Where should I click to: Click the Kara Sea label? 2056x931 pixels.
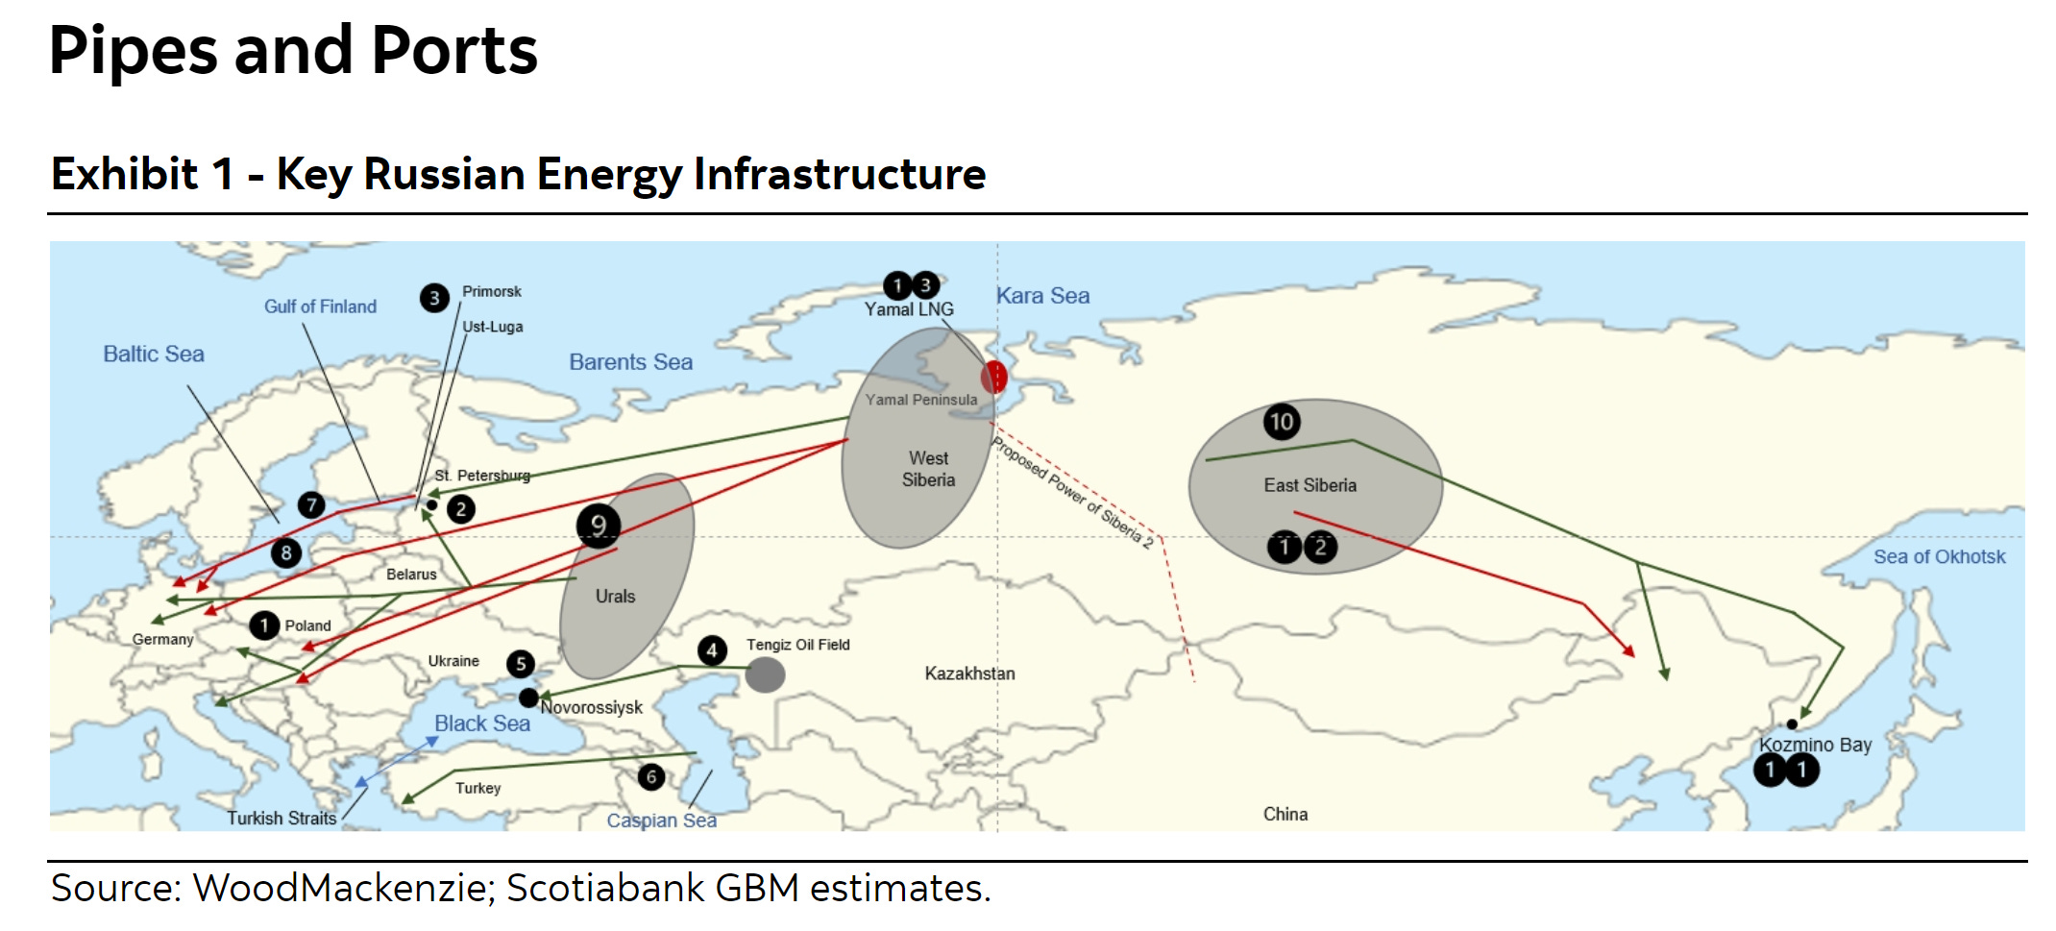[1042, 296]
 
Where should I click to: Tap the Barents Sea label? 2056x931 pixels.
[630, 362]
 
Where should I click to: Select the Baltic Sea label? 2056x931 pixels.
[154, 354]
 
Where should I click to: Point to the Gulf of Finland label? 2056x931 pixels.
[320, 306]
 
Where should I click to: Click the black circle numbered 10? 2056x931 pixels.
[1282, 422]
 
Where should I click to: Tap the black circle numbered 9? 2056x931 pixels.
[598, 526]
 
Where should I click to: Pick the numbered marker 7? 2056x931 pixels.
[311, 504]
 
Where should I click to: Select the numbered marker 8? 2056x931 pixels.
[286, 552]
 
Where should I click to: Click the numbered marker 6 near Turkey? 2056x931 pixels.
[651, 776]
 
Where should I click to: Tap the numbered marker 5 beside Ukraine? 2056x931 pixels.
[521, 663]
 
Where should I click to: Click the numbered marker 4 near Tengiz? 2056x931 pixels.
[712, 650]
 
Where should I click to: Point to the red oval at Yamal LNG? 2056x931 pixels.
[994, 377]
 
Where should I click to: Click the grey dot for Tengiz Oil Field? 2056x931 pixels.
[765, 674]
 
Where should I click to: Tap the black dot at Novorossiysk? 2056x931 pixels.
[528, 698]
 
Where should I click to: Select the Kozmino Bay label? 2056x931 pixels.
[1815, 745]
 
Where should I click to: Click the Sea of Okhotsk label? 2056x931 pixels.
[1939, 556]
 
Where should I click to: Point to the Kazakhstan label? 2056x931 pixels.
[969, 674]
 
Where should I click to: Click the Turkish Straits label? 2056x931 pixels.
[281, 818]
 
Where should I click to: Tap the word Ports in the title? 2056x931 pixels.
[453, 50]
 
